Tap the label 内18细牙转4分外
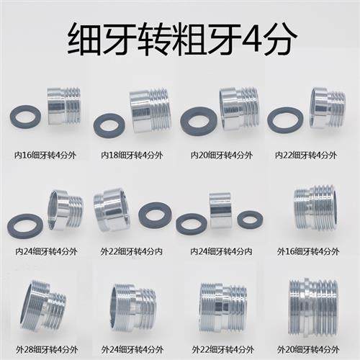tap(132, 155)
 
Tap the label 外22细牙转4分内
tap(132, 251)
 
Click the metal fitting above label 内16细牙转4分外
tap(63, 106)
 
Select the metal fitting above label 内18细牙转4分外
tap(150, 110)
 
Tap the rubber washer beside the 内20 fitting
tap(199, 121)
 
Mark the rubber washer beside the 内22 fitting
tap(285, 120)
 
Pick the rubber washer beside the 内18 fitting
tap(109, 125)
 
